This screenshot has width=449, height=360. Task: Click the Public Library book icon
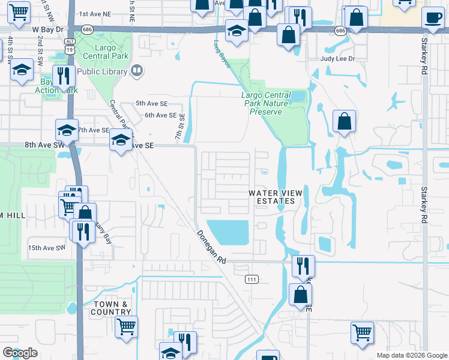137,71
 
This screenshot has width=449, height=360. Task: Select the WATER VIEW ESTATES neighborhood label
273,197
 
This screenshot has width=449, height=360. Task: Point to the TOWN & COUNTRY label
111,308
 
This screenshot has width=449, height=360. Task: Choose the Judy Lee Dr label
338,59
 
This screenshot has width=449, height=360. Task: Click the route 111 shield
252,279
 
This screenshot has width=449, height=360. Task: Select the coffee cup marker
433,18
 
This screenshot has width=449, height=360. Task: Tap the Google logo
20,353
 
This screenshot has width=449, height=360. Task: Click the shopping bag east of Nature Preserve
345,122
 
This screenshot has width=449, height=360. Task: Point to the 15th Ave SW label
46,248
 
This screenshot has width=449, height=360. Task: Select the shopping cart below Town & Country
126,327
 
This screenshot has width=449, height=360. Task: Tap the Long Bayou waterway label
221,53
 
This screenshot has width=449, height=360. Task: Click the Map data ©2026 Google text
412,355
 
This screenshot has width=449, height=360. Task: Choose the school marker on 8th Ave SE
121,142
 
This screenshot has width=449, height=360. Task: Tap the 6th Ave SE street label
161,115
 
